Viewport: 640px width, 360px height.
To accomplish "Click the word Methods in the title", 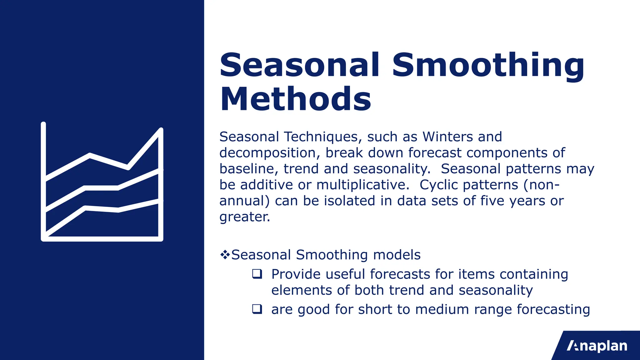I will point(295,99).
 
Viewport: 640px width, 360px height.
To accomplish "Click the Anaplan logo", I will point(597,346).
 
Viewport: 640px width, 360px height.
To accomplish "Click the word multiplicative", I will point(362,185).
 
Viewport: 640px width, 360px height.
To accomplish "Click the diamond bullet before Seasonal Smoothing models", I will point(224,255).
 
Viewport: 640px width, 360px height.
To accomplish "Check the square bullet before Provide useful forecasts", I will point(257,274).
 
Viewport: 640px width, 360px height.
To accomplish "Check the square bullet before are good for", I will point(257,309).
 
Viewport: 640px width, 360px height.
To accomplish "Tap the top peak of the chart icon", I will point(161,130).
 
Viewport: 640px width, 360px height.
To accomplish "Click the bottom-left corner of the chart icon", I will point(44,239).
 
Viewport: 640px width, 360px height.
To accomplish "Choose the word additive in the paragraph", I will point(267,185).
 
